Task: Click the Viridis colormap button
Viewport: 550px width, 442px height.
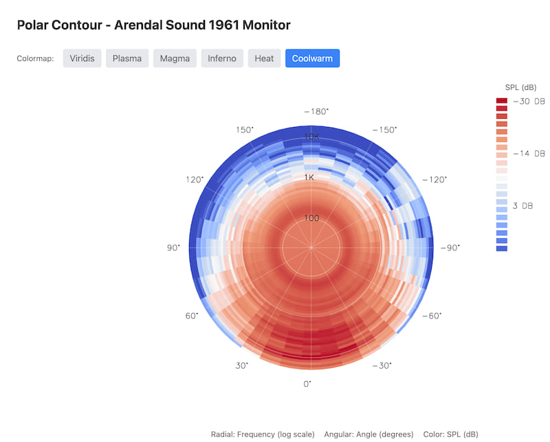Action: point(82,58)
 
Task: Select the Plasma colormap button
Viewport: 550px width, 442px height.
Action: point(127,58)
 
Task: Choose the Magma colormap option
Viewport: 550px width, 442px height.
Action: point(175,58)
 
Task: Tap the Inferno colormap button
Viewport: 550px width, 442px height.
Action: point(222,58)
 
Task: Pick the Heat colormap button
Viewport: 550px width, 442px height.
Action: point(264,58)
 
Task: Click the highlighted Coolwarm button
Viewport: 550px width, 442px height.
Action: point(312,58)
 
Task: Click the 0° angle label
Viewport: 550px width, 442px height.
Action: point(307,384)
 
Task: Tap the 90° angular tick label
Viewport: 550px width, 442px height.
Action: point(173,247)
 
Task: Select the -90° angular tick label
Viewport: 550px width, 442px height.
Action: point(450,247)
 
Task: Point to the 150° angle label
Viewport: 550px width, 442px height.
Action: point(244,130)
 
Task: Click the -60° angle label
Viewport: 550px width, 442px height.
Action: point(431,316)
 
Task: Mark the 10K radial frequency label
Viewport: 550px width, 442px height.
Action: point(311,137)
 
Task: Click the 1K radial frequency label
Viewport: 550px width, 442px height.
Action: point(310,177)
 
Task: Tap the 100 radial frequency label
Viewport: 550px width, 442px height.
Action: point(311,218)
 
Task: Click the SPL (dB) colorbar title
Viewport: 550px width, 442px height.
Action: point(520,87)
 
